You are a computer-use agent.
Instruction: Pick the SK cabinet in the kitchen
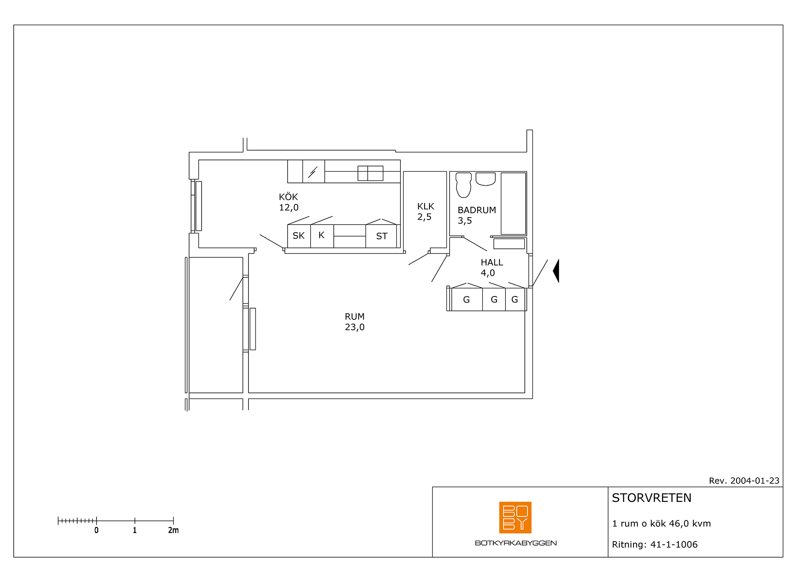[299, 236]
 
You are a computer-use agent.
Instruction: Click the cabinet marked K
[322, 236]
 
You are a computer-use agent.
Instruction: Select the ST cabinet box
[381, 236]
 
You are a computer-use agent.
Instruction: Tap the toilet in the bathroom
[463, 185]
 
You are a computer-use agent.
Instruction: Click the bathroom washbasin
[485, 179]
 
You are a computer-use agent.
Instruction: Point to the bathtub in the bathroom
[513, 204]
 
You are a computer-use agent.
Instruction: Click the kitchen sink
[370, 173]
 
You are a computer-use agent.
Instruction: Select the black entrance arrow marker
[556, 271]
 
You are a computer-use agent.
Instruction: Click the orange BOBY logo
[515, 518]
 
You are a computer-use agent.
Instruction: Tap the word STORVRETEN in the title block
[652, 498]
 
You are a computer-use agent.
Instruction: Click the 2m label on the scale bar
[173, 530]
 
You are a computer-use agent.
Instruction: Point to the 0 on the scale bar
[96, 530]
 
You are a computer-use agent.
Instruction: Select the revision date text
[744, 481]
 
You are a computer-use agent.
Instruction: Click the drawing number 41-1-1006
[674, 544]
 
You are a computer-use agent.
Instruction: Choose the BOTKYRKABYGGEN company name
[516, 543]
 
